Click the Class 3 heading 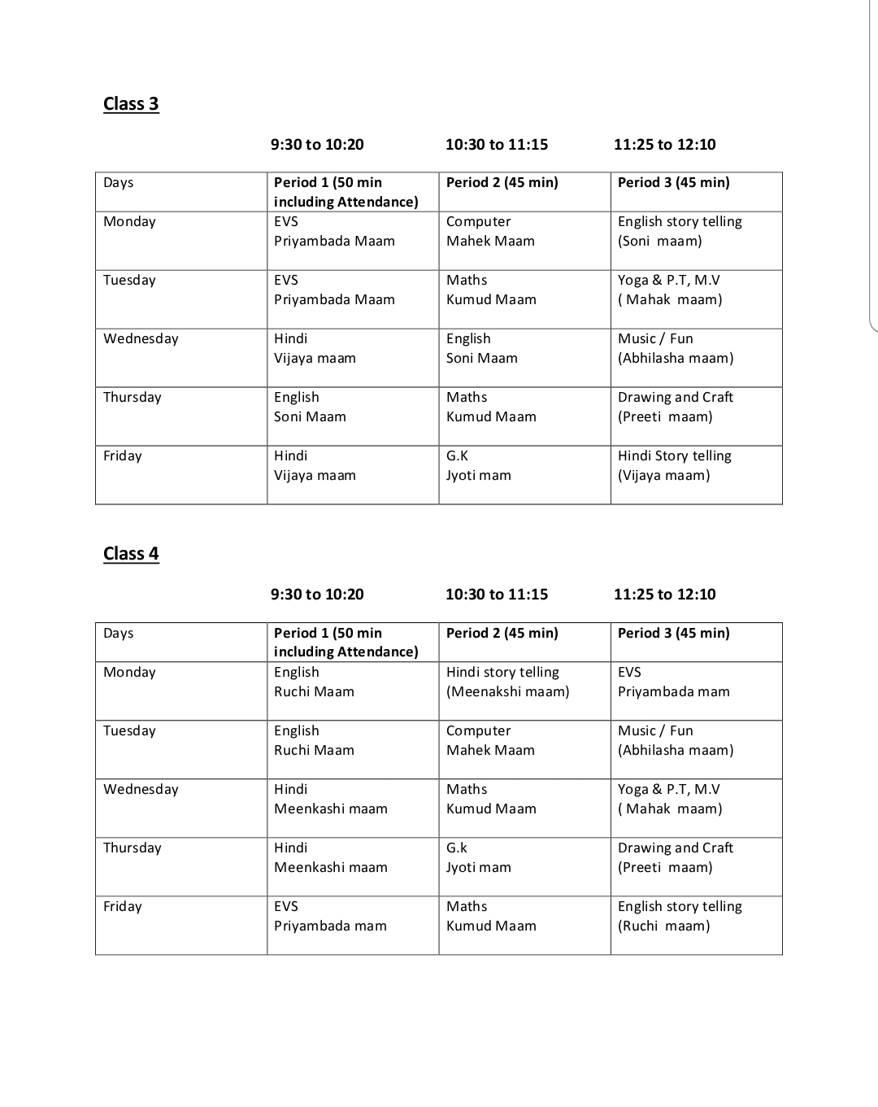(x=131, y=104)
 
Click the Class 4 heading (x=131, y=554)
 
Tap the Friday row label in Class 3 (x=123, y=456)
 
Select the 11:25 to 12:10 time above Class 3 (x=664, y=145)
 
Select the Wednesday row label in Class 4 (x=141, y=790)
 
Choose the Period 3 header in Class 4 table (x=673, y=634)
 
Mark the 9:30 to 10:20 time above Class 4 (x=317, y=595)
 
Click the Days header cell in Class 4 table (x=119, y=634)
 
